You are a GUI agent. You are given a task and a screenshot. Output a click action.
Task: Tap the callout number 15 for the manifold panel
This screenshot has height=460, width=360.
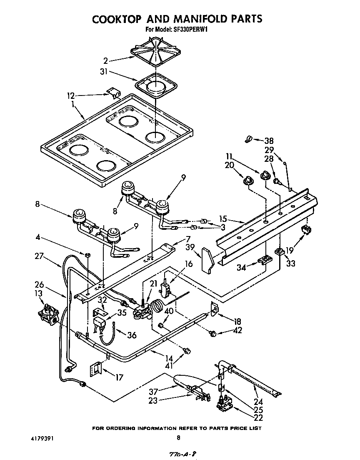click(223, 219)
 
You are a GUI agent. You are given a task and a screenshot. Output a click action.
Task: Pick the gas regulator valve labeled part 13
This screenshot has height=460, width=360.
click(49, 312)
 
